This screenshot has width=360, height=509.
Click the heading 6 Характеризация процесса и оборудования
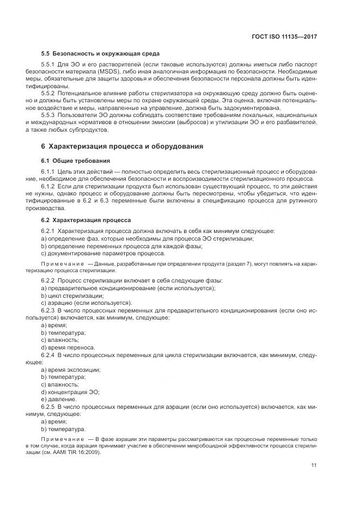coord(122,146)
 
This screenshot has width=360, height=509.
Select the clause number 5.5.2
coord(50,93)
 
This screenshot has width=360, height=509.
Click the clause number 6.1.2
coord(50,186)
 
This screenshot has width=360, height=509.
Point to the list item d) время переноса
coord(68,347)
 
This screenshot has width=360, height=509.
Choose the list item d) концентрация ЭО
coord(70,391)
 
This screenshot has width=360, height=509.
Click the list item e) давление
coord(59,398)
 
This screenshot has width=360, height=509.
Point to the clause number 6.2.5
coord(50,406)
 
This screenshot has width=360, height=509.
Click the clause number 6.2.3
coord(50,310)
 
